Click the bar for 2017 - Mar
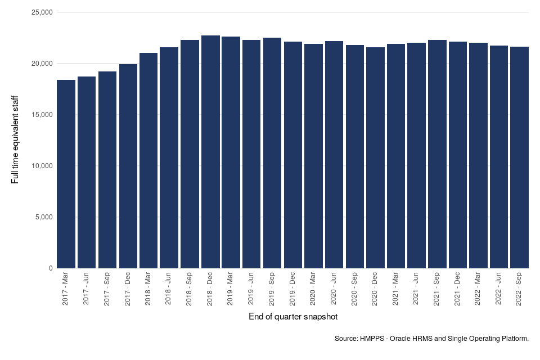click(66, 174)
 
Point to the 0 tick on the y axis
click(50, 268)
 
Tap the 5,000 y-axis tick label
click(42, 217)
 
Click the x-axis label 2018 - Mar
click(148, 289)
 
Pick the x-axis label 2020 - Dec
click(375, 289)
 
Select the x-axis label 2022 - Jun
click(499, 289)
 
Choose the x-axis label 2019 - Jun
click(251, 289)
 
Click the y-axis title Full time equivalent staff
click(15, 139)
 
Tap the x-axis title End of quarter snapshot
click(293, 317)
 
